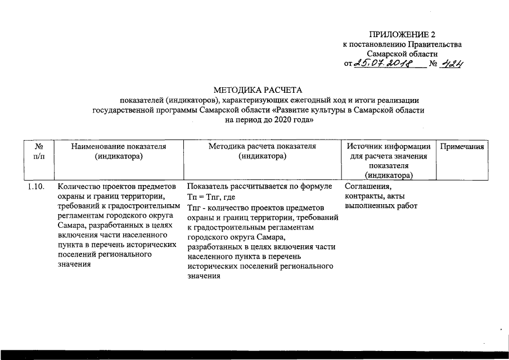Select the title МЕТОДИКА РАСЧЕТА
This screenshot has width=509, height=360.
258,90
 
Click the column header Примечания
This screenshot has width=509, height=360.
462,146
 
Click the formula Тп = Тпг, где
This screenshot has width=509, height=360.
210,197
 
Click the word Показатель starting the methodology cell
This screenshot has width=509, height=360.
209,186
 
